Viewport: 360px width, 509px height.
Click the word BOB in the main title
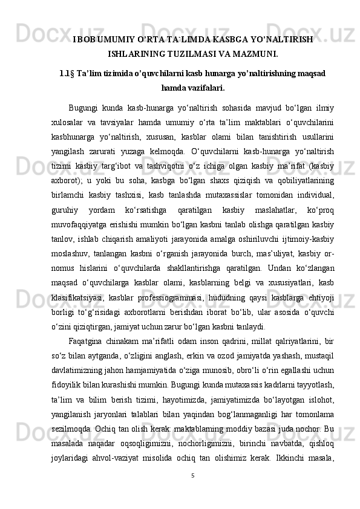coord(87,40)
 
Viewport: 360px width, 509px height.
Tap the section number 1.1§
coord(67,74)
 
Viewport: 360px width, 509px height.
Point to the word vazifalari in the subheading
coord(205,88)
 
